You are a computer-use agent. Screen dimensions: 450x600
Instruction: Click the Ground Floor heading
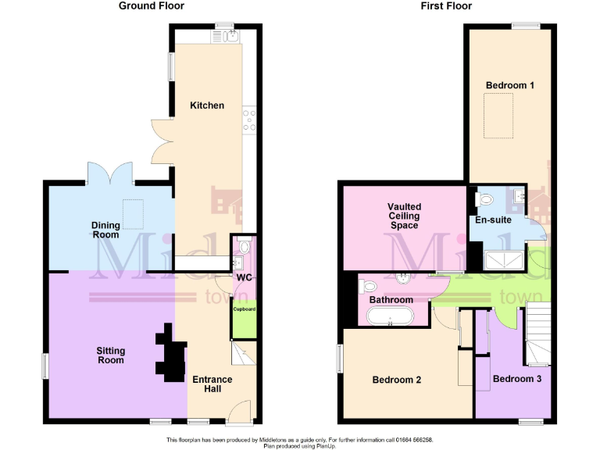click(x=152, y=6)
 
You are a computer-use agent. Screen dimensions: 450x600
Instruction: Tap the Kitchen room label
click(x=207, y=105)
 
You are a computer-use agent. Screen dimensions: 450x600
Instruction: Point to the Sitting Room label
click(x=111, y=355)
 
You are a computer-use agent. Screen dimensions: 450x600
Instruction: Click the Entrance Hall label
click(x=212, y=384)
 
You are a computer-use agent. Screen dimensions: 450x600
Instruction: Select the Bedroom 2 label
click(x=397, y=380)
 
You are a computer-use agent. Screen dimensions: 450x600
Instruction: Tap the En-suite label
click(x=493, y=220)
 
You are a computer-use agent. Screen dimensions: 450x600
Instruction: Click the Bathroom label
click(x=391, y=300)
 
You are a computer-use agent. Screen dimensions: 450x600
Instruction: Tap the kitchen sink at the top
click(x=232, y=35)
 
